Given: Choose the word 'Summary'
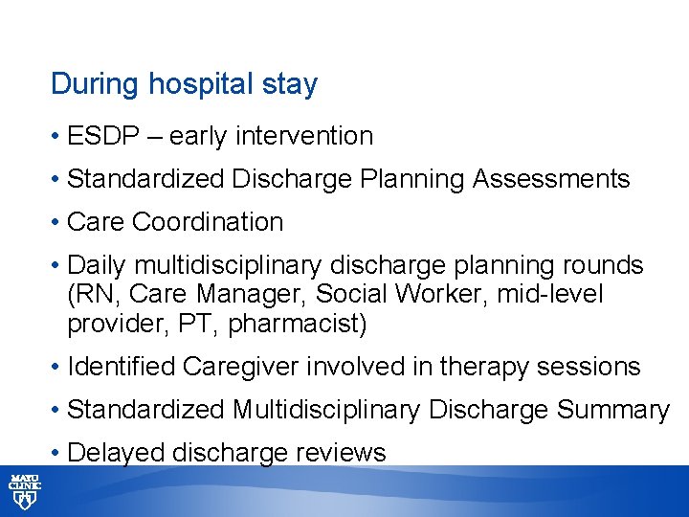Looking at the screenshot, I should [612, 410].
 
